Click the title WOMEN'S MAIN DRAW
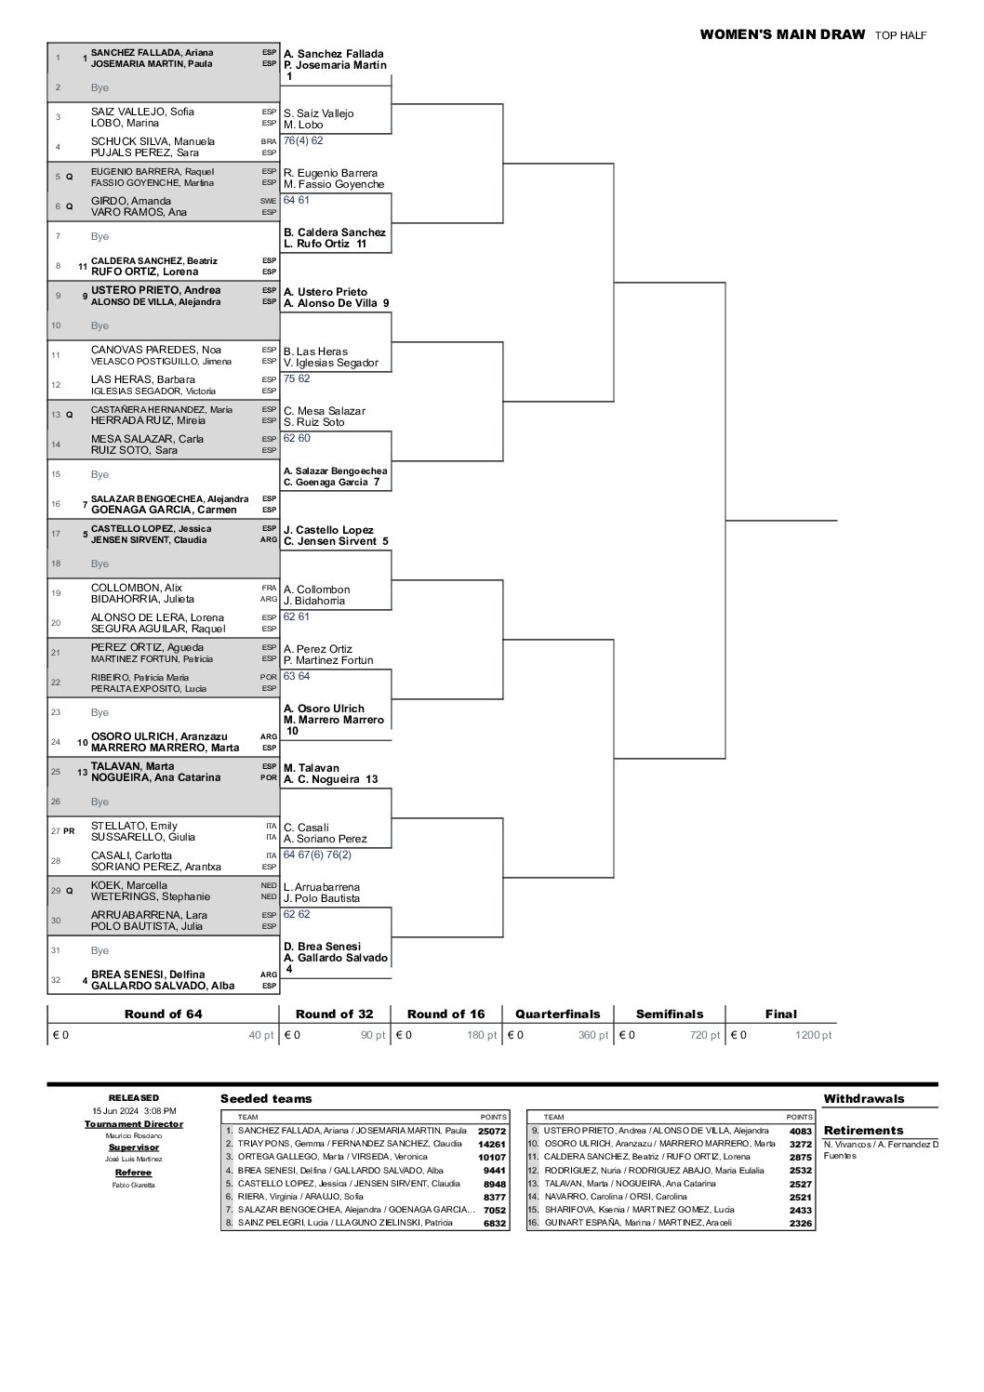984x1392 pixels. (x=782, y=35)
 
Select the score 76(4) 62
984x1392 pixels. (x=303, y=140)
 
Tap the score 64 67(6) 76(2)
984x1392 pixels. (x=317, y=855)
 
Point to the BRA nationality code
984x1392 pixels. (x=269, y=141)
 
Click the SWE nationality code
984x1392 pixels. (x=269, y=201)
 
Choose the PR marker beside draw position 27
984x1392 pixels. (x=69, y=831)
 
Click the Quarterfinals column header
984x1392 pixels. (x=558, y=1014)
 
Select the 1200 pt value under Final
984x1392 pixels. (x=814, y=1035)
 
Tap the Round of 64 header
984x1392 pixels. (x=163, y=1014)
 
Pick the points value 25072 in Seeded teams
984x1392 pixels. (x=492, y=1131)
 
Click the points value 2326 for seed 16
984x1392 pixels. (x=800, y=1224)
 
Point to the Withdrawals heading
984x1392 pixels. (x=864, y=1099)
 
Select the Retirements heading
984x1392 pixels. (x=863, y=1131)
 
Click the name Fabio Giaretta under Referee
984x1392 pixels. (x=134, y=1186)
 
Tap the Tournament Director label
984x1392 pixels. (x=134, y=1124)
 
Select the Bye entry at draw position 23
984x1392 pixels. (x=100, y=712)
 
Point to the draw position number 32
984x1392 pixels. (x=58, y=980)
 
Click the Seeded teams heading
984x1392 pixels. (x=266, y=1099)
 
